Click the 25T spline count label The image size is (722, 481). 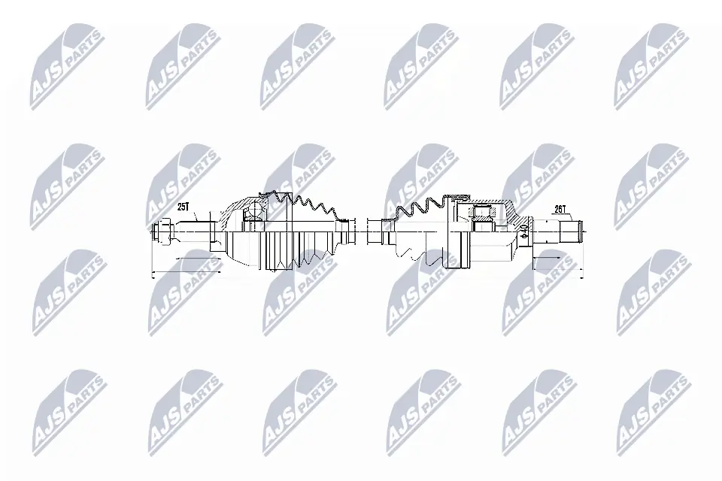184,206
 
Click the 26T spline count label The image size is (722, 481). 559,210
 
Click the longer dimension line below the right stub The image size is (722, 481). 557,270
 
